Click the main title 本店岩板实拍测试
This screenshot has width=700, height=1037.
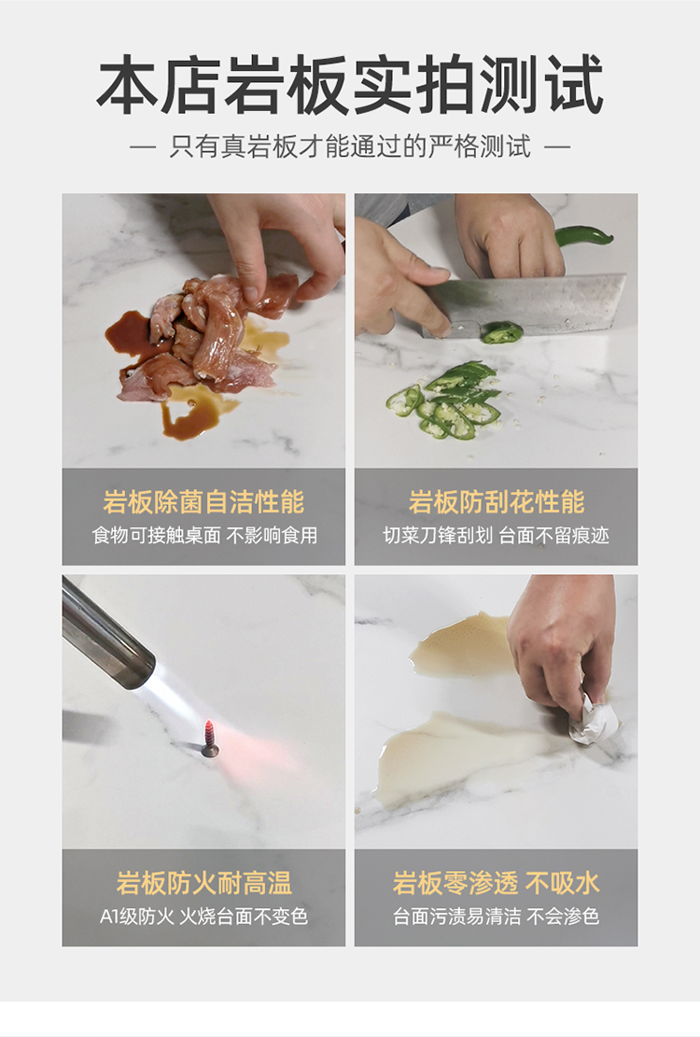pos(350,85)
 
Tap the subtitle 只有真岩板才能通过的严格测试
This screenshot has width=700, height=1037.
pos(350,147)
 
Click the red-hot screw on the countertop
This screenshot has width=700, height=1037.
pos(210,738)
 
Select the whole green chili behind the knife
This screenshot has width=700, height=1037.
pos(583,235)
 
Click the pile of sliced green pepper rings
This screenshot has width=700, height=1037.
pos(443,401)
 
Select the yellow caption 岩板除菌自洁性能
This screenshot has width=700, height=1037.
pos(203,502)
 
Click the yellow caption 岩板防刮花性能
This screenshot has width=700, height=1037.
pos(496,502)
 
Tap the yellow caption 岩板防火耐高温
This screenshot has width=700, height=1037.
pos(203,883)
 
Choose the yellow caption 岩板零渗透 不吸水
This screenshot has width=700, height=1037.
pos(496,883)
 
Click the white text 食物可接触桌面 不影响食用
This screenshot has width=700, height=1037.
pos(204,535)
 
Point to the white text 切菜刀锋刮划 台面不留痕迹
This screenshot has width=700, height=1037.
pos(496,535)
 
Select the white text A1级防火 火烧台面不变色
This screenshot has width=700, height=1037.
pos(203,916)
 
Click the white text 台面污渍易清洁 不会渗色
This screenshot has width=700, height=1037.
pos(496,916)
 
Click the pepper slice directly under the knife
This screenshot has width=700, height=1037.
pos(502,332)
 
